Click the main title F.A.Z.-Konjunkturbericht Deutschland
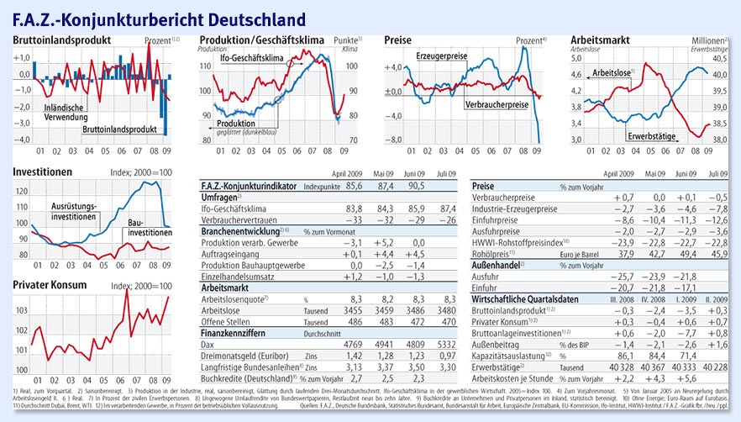[159, 17]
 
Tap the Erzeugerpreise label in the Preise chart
[440, 56]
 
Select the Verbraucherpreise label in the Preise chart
[495, 105]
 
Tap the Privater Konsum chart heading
[50, 286]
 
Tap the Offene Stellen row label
[227, 321]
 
